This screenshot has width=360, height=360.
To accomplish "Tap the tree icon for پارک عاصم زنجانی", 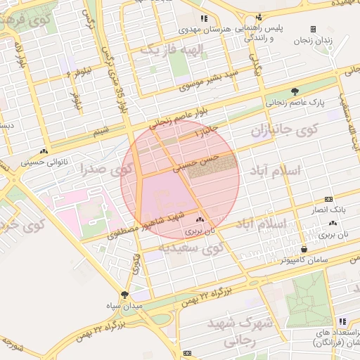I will (295, 91).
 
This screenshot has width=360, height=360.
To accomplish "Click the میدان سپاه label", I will (124, 306).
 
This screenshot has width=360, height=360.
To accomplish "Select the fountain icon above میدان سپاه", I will (124, 295).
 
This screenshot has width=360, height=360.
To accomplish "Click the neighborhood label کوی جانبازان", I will (285, 130).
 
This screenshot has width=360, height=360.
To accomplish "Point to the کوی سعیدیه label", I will (192, 247).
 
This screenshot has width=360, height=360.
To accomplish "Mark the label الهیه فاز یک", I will (165, 50).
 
